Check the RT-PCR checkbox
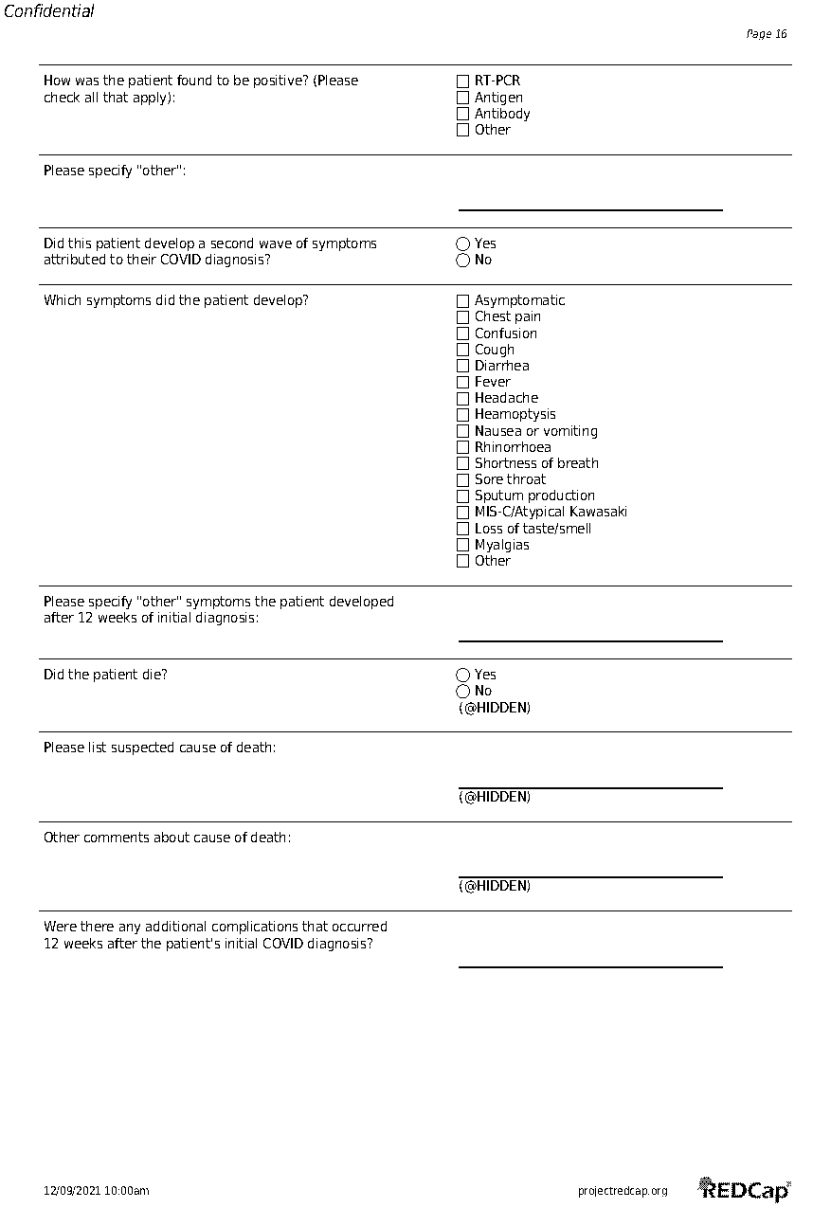point(463,81)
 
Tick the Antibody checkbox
point(463,114)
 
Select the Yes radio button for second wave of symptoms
point(463,244)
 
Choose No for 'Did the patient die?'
point(463,692)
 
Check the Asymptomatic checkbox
point(463,301)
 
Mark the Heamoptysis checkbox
point(463,415)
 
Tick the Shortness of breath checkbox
point(463,463)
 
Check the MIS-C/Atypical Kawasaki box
point(463,513)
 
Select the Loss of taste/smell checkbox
point(463,529)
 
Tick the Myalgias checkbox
point(463,545)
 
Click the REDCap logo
point(745,1190)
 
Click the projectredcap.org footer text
point(623,1191)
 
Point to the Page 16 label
point(767,34)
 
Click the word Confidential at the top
point(49,12)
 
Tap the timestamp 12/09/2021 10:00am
point(97,1191)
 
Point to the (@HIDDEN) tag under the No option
point(495,708)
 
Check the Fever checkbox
point(463,383)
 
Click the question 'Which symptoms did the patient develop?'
point(176,301)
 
